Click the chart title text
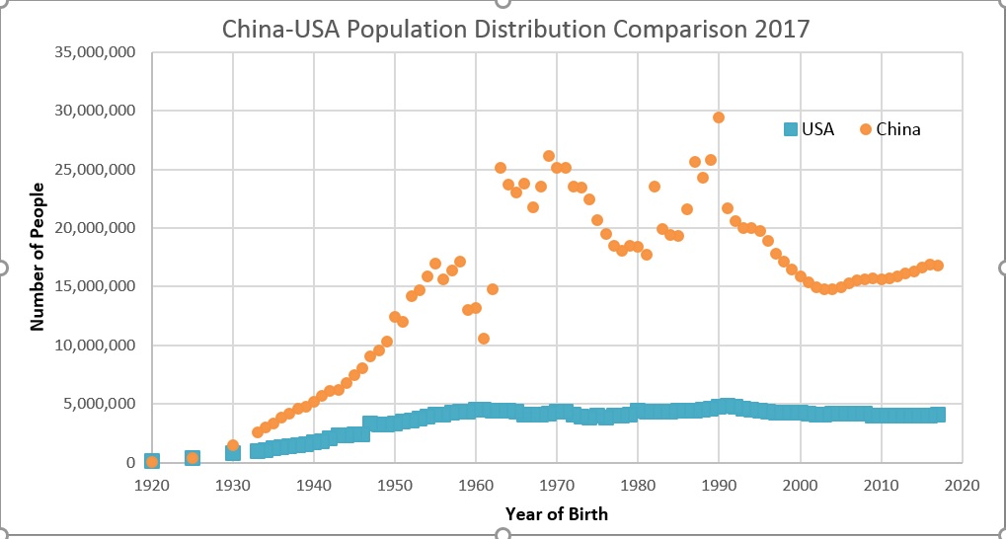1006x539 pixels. [515, 28]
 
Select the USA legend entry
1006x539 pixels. [810, 129]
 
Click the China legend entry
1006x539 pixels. [889, 129]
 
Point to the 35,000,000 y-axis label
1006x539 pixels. [95, 52]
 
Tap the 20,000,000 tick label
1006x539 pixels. [95, 228]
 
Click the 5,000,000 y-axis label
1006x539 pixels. [99, 404]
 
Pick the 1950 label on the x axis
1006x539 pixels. [394, 485]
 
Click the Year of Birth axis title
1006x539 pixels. [556, 513]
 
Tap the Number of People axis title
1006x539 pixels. [39, 256]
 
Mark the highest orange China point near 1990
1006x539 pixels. [719, 117]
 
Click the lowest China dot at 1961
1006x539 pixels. [484, 339]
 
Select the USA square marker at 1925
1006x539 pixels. [193, 458]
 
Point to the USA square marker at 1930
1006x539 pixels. [233, 452]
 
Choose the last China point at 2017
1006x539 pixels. [938, 266]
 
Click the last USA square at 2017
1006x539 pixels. [938, 415]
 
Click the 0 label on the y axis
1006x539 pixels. [129, 462]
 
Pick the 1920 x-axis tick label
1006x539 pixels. [151, 485]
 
